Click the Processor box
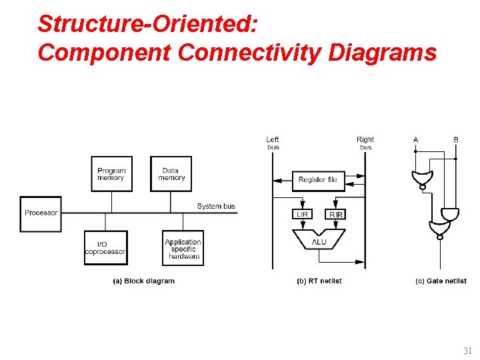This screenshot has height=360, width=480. pos(41,213)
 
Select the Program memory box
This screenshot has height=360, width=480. pos(111,174)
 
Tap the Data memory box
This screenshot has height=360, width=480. pos(171,174)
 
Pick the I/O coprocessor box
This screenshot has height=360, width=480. pos(105,248)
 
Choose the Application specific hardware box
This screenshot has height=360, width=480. pos(183,249)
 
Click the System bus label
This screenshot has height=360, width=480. pos(216,206)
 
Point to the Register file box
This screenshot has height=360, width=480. pos(318,180)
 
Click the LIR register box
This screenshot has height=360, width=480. pos(302,214)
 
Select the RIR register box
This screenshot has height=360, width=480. pos(335,214)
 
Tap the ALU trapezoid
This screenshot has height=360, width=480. pos(319,241)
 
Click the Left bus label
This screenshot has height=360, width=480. pos(273,143)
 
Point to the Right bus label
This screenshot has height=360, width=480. pos(365,143)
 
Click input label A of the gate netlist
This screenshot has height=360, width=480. pos(415,139)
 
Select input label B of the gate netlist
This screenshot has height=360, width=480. pos(456,139)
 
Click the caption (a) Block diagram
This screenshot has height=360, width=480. pos(143,281)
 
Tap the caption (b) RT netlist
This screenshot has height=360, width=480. pos(319,281)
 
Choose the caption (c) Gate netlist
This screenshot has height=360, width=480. pos(441,281)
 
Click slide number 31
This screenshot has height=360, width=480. pos(467,351)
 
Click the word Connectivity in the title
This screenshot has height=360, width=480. pos(254,52)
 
